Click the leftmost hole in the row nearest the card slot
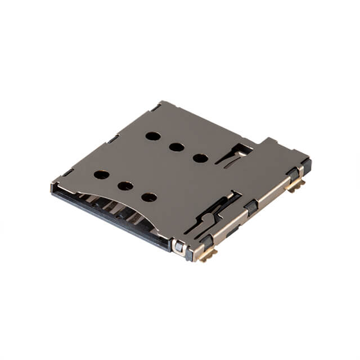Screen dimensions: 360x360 pos(101,174)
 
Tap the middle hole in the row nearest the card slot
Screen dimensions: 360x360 pos(125,186)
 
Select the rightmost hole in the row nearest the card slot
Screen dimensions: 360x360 pos(149,197)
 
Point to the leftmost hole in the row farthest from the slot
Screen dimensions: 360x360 pos(152,136)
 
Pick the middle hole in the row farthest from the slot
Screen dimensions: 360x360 pos(177,147)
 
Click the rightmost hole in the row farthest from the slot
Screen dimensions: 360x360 pos(200,158)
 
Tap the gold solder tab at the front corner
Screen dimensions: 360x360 pos(208,256)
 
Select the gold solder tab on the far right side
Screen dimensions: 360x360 pos(296,186)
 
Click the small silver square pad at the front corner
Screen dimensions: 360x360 pos(179,246)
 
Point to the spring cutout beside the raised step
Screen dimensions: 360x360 pos(234,155)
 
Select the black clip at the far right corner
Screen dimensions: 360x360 pos(305,166)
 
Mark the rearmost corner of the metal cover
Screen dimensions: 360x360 pos(161,102)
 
